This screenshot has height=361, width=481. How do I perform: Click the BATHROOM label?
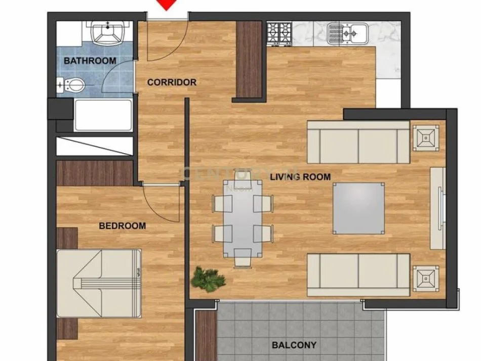(x=90, y=61)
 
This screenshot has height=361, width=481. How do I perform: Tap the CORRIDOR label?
(x=172, y=82)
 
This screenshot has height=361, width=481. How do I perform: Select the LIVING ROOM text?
(x=300, y=177)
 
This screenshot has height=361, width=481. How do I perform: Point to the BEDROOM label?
(x=122, y=226)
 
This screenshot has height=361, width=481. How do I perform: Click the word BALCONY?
(x=294, y=345)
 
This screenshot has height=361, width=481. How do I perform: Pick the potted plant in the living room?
(x=207, y=280)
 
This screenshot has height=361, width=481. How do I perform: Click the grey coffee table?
(x=358, y=208)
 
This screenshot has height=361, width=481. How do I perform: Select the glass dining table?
(x=243, y=218)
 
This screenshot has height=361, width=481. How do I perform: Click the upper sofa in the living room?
(x=358, y=142)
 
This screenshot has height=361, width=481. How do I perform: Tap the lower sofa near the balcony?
(x=358, y=275)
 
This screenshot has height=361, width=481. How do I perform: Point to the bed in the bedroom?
(x=99, y=283)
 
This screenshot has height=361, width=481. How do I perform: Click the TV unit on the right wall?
(x=437, y=208)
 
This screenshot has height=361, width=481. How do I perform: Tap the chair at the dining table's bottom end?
(x=242, y=260)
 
